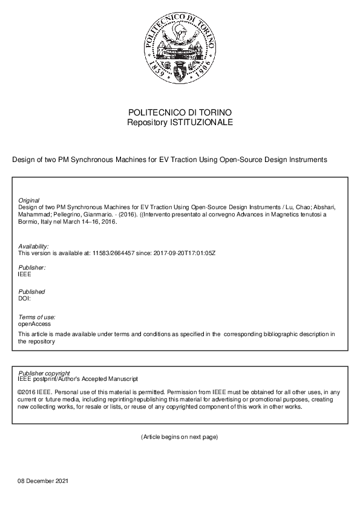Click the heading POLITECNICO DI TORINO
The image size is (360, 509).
coord(180,113)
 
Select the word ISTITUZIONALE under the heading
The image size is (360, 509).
coord(201,122)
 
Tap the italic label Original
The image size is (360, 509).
coord(29,200)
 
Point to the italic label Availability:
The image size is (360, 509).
coord(34,247)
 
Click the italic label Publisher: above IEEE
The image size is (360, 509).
coord(32,267)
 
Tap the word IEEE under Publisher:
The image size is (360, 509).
coord(25,274)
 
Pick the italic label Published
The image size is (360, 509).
coord(31,292)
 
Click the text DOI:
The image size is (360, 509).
coord(25,299)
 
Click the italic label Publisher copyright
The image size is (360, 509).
coord(44,373)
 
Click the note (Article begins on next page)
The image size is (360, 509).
coord(179,436)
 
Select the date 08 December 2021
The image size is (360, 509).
coord(44,481)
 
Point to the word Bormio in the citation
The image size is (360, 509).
coord(29,221)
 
